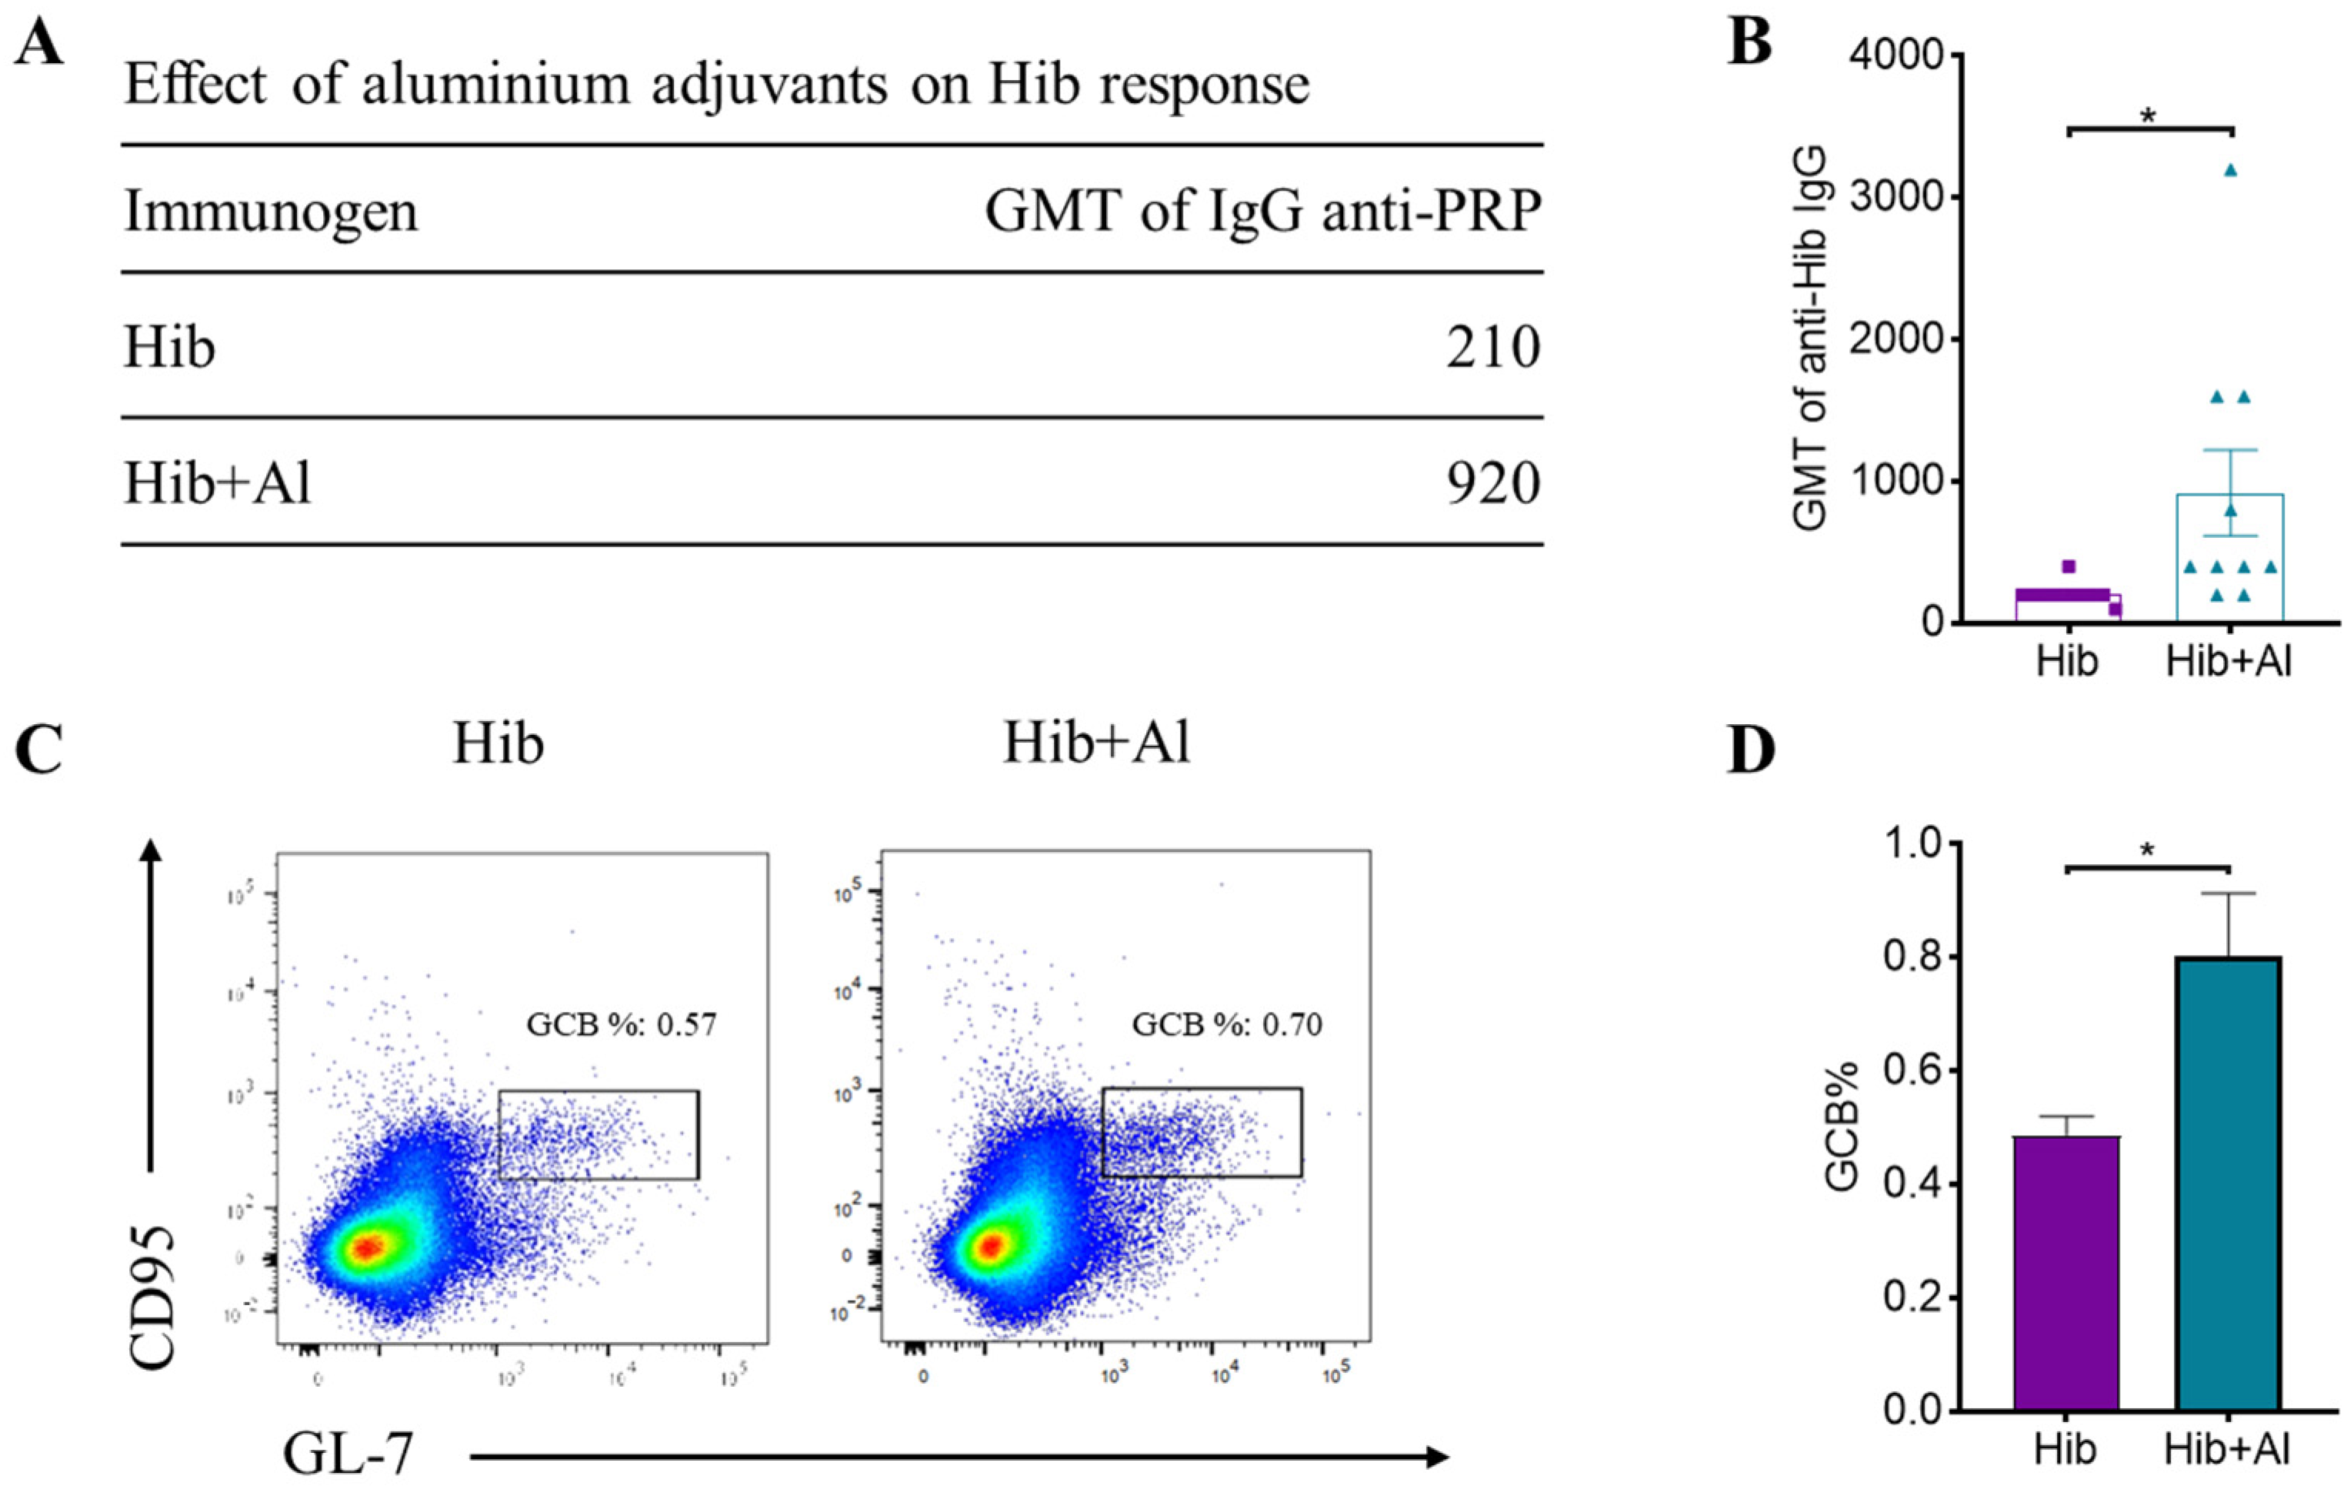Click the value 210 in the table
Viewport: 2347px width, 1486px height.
(1492, 348)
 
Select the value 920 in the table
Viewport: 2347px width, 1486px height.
(1492, 483)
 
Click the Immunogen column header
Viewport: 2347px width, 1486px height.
(270, 212)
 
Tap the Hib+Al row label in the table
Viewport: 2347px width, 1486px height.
(218, 483)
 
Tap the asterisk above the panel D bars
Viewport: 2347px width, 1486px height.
(2147, 850)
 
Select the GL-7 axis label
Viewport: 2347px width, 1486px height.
(348, 1454)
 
